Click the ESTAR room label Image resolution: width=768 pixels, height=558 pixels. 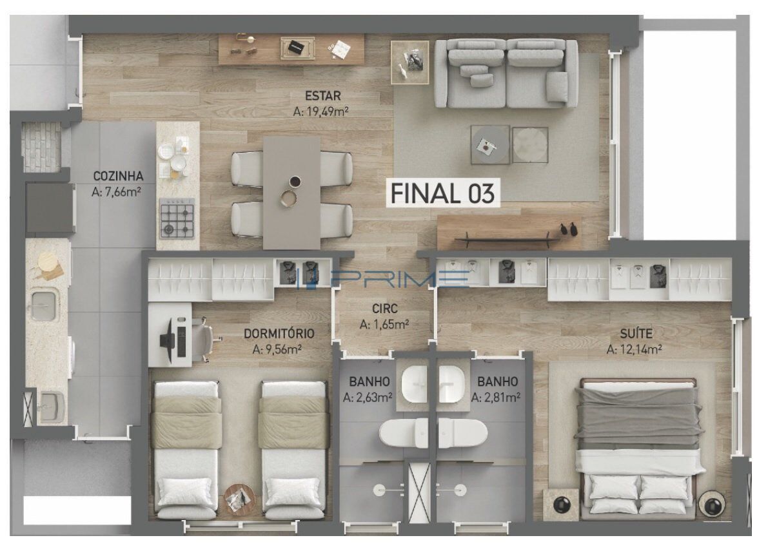coord(323,95)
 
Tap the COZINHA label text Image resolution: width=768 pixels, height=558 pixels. coord(118,176)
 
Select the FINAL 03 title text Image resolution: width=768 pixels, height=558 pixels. coord(442,193)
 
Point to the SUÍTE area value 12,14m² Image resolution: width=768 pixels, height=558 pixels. coord(635,349)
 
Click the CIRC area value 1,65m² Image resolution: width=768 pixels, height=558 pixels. coord(384,324)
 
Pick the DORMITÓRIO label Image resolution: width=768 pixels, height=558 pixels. coord(279,334)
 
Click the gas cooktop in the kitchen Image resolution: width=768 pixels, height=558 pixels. coord(177,219)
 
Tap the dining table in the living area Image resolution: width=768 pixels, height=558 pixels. coord(292,193)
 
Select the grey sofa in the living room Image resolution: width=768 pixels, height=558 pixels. coord(507,73)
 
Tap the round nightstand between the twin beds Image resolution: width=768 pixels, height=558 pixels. coord(239,499)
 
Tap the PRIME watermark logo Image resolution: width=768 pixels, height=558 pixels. coord(382,278)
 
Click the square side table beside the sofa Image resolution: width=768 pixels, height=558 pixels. coord(410,62)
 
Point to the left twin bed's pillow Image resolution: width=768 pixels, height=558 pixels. coord(186,492)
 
